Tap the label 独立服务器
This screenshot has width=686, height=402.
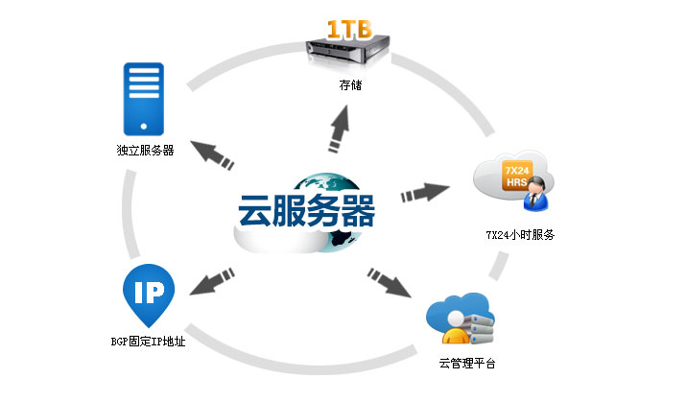pyautogui.click(x=144, y=150)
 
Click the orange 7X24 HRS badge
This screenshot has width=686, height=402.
pyautogui.click(x=517, y=176)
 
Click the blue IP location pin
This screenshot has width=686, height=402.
pyautogui.click(x=148, y=294)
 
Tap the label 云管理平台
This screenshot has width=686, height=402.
pyautogui.click(x=465, y=365)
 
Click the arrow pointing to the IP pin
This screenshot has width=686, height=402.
pyautogui.click(x=215, y=277)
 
